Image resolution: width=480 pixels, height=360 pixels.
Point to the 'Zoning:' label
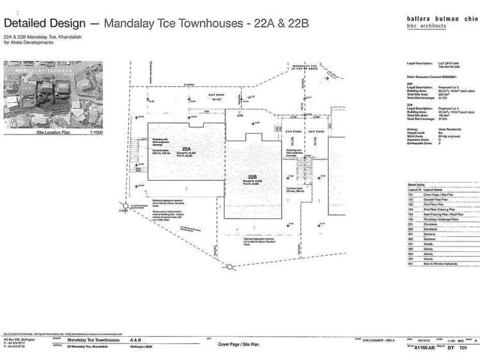[412, 127]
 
